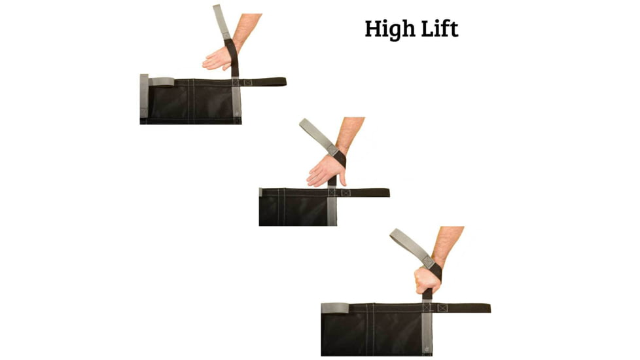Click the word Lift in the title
(439, 29)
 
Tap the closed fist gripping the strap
(427, 280)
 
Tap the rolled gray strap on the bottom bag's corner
(335, 308)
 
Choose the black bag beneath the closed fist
(376, 330)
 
